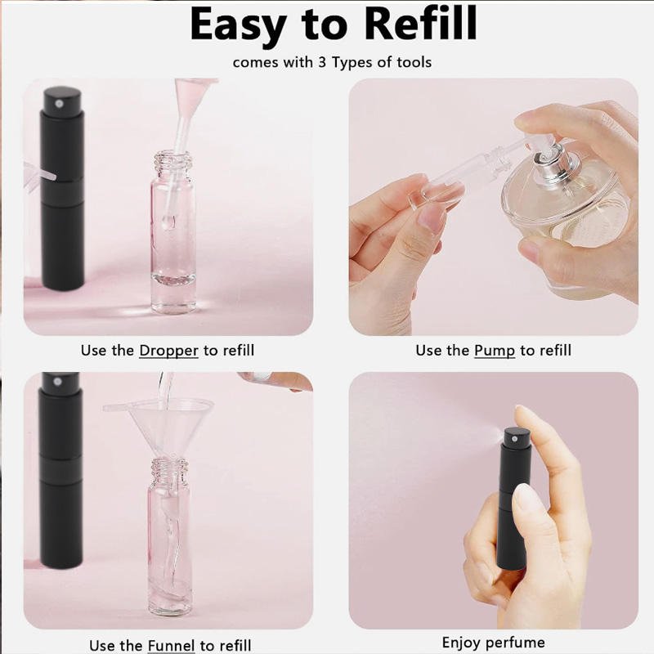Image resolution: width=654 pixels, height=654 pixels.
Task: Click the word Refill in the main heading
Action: (420, 24)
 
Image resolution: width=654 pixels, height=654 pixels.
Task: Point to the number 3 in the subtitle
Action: (322, 62)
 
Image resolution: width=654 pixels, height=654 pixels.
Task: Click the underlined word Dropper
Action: (168, 351)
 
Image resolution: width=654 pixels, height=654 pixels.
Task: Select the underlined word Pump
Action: (495, 351)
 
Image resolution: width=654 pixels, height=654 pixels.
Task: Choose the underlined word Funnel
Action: (172, 645)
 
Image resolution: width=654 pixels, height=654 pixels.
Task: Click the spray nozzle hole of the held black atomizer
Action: (515, 438)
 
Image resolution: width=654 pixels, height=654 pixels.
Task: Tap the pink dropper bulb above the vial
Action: (193, 94)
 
